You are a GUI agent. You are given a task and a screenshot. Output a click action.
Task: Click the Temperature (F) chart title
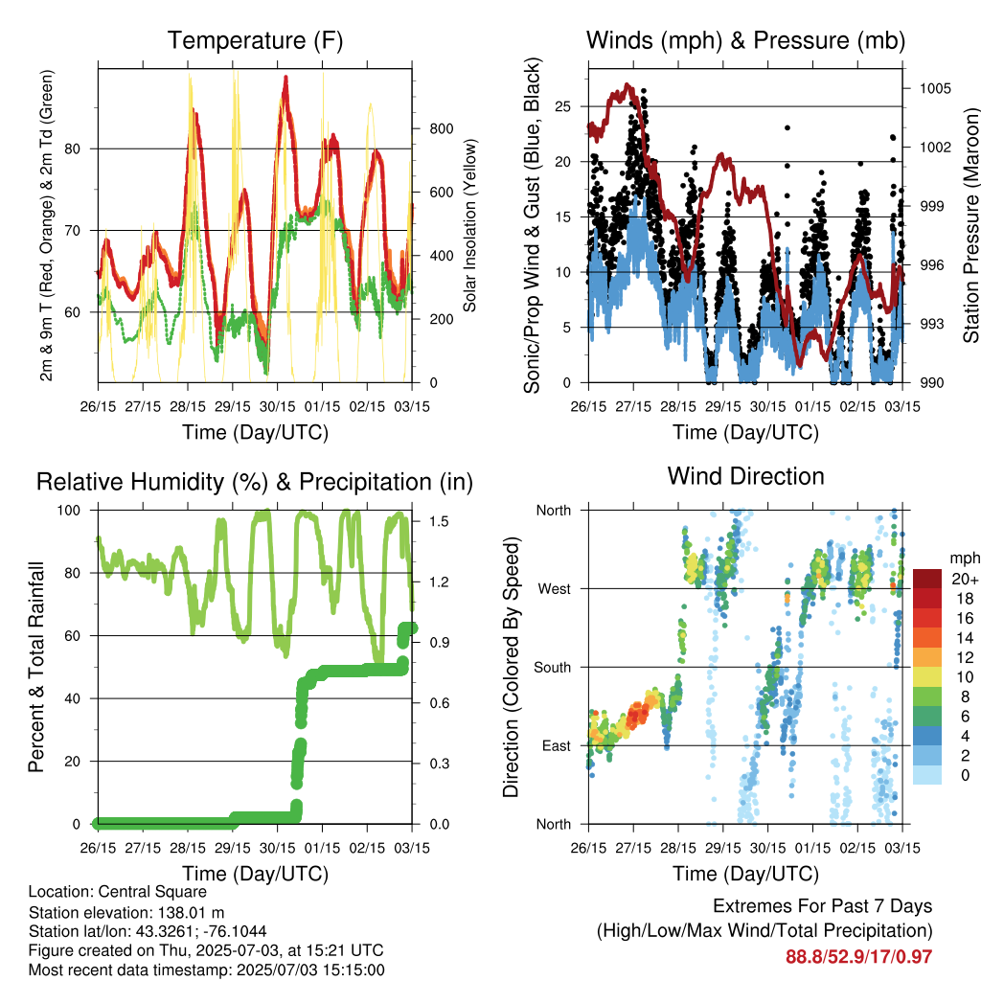255,40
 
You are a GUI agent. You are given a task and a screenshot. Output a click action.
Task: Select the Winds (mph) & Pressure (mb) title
745,40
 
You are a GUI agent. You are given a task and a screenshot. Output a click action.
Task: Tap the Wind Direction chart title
745,476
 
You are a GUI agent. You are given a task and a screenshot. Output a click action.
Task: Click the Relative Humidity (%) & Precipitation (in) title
255,483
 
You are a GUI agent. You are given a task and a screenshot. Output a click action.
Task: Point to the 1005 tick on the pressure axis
935,89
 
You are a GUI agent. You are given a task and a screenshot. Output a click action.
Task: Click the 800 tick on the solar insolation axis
441,129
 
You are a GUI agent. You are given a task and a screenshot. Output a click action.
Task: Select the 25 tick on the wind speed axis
562,106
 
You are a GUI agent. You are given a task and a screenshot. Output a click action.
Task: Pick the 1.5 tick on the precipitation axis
439,522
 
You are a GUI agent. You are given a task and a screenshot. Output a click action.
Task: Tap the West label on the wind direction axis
555,589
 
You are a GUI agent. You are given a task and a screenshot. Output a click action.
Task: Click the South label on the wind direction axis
553,668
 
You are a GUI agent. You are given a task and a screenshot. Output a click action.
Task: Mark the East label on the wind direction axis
557,745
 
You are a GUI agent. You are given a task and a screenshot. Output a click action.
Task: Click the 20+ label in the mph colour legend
965,580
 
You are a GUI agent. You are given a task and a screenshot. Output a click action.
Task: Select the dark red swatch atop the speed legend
927,579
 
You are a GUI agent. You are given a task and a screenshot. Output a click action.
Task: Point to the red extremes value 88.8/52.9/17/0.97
859,957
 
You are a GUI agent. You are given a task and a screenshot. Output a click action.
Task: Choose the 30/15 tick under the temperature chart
277,406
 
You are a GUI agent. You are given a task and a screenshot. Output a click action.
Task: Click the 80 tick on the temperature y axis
73,148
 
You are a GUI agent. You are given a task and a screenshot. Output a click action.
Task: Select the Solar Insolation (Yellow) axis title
469,225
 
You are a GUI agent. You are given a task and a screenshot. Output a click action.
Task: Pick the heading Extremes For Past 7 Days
823,906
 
